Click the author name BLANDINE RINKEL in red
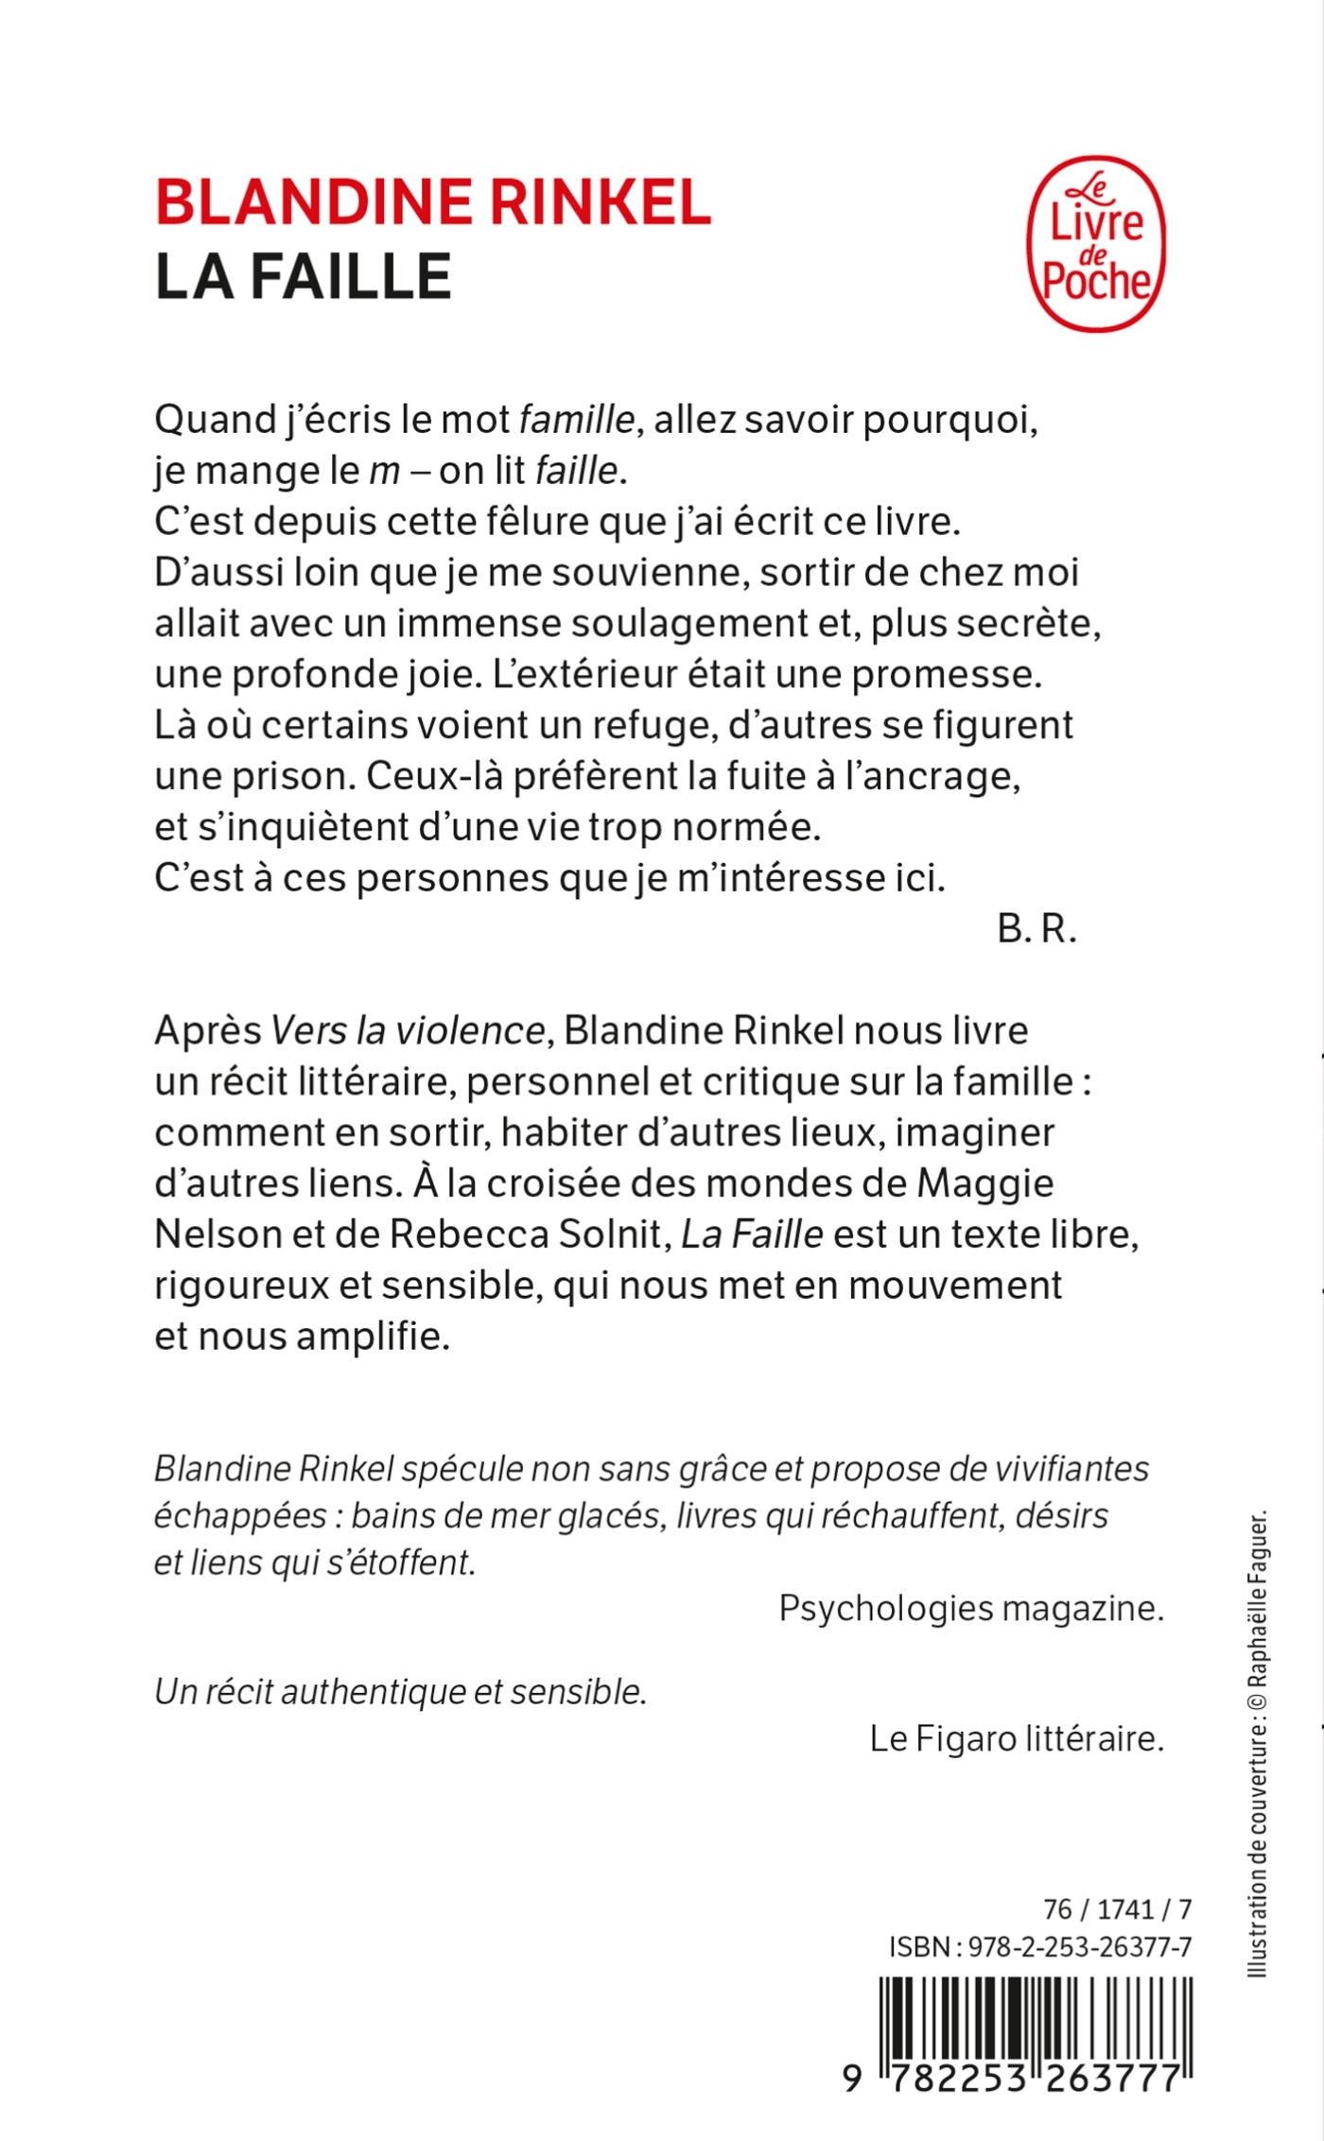(x=433, y=202)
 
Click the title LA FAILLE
(x=303, y=277)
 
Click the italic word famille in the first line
(x=577, y=420)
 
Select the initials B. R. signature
(x=1037, y=930)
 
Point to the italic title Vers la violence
(x=408, y=1030)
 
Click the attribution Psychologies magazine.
(x=970, y=1608)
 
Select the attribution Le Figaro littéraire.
(x=1017, y=1738)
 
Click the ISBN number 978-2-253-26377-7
(x=1080, y=1947)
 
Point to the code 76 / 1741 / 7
(x=1117, y=1909)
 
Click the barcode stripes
(x=1036, y=2017)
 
